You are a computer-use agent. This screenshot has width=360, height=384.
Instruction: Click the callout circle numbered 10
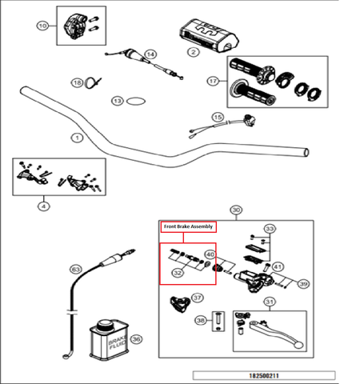[x=43, y=26]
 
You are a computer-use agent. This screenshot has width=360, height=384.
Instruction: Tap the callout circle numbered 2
[x=193, y=52]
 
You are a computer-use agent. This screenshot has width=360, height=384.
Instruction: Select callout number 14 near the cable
[x=150, y=54]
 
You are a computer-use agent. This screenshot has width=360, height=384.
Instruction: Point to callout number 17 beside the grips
[x=212, y=81]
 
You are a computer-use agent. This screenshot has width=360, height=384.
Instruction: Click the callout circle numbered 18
[x=77, y=83]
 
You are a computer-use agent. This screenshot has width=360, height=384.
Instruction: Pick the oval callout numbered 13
[x=118, y=102]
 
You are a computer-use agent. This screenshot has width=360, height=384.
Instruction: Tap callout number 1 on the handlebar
[x=77, y=138]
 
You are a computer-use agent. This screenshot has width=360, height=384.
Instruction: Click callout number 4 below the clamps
[x=43, y=206]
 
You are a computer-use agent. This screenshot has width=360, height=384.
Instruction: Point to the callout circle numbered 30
[x=235, y=210]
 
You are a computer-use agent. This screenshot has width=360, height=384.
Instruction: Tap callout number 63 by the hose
[x=76, y=269]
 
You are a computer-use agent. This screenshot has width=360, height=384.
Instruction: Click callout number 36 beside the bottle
[x=136, y=338]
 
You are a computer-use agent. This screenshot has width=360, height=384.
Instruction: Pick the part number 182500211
[x=263, y=374]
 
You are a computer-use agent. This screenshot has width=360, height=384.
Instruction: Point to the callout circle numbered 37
[x=197, y=296]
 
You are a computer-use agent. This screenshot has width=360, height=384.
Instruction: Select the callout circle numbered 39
[x=303, y=284]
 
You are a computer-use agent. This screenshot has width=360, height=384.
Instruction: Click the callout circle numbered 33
[x=270, y=229]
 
